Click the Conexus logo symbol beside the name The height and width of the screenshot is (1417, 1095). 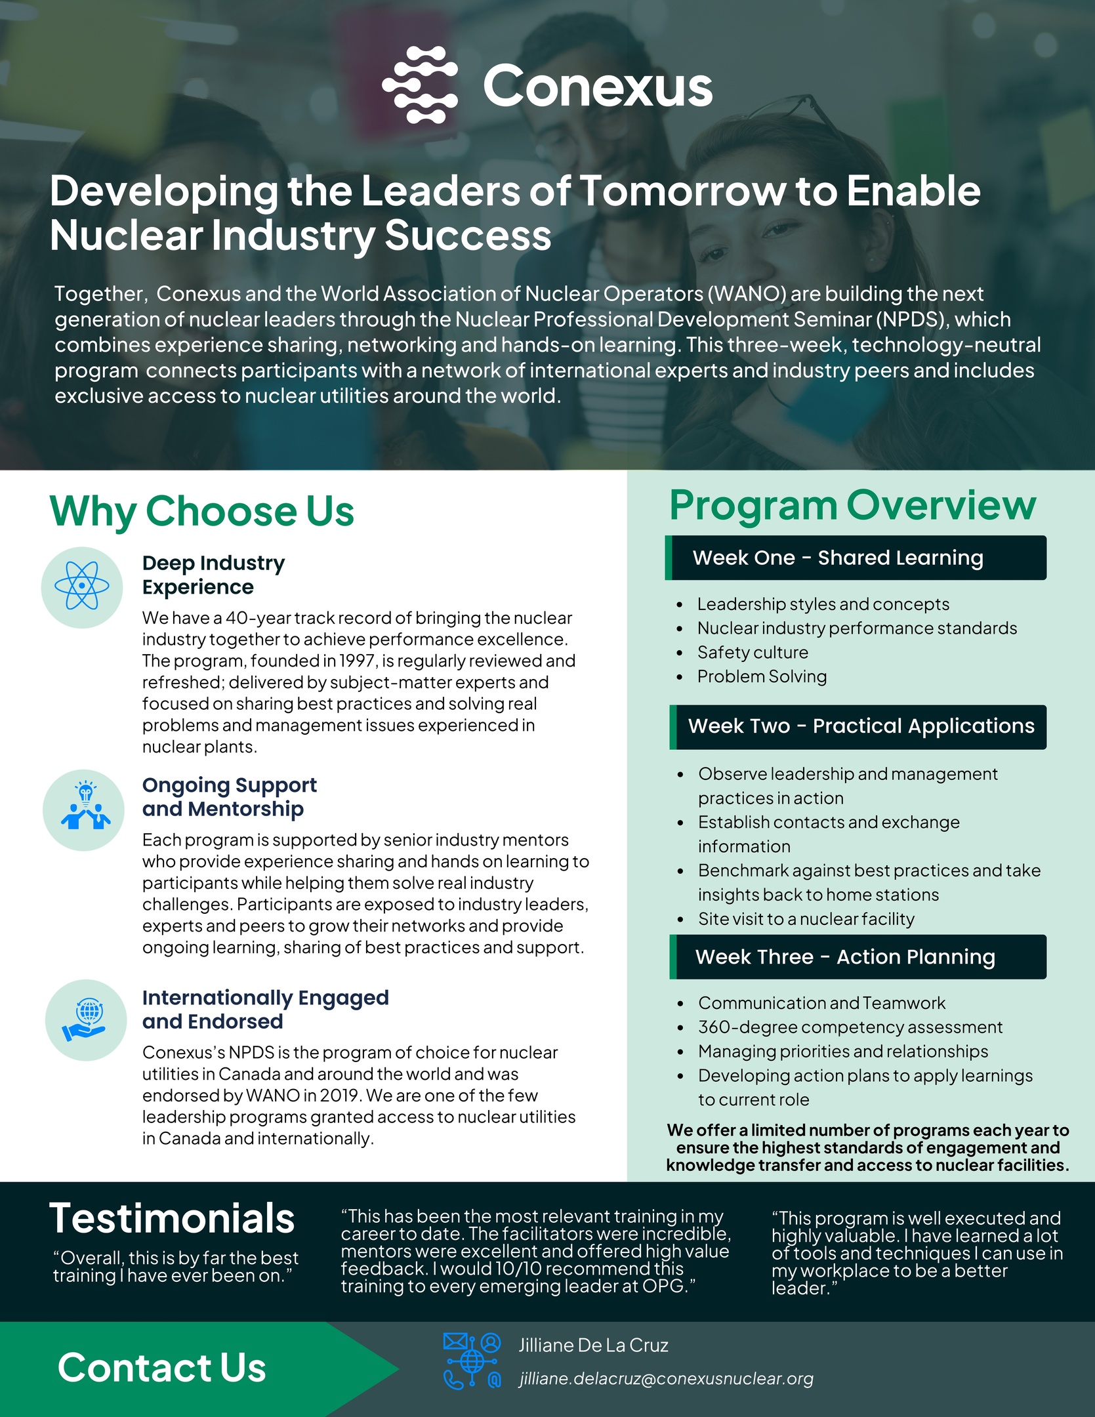420,85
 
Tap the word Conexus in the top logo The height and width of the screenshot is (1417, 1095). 598,86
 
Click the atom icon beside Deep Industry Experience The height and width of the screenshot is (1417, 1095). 82,586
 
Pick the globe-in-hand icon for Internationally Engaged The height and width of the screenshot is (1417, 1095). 85,1019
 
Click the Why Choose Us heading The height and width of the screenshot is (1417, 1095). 202,511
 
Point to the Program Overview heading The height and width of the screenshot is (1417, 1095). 852,506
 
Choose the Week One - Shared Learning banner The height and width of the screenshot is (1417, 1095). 856,558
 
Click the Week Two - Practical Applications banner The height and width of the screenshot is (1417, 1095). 858,727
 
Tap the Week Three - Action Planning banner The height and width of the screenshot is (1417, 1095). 858,956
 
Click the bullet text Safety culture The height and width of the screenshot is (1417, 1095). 753,652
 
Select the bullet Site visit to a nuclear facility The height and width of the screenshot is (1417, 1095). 806,918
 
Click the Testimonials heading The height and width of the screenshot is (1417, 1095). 172,1218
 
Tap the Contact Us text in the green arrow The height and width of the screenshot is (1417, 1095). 161,1368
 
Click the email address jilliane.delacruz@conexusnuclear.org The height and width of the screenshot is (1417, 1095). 666,1379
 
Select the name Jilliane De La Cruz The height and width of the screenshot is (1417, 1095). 593,1345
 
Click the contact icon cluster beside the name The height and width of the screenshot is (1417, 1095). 472,1361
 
